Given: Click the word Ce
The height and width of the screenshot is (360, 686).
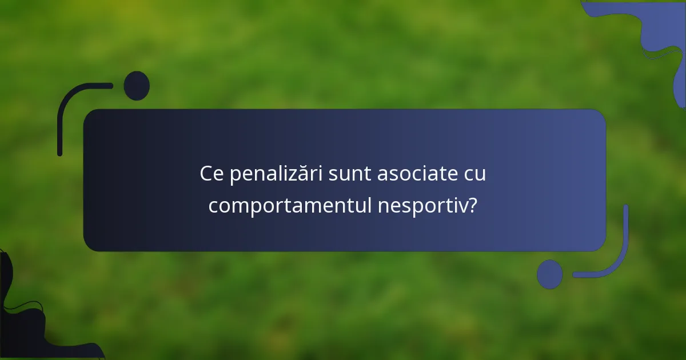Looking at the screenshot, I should [212, 174].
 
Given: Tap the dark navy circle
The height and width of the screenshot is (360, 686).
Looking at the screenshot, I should [137, 86].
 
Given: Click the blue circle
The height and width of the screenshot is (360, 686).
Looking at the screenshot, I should [550, 274].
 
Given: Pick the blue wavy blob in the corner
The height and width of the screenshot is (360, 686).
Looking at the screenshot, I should [663, 34].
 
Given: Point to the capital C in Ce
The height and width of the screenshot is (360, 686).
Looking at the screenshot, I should [206, 174].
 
